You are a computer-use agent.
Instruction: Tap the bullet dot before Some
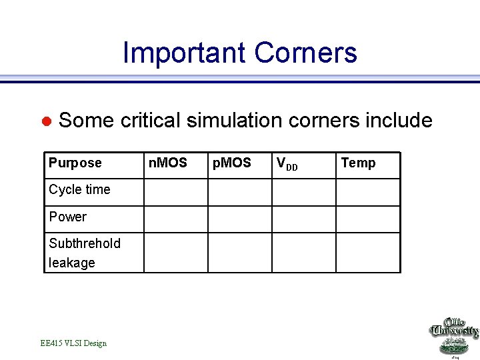coord(47,121)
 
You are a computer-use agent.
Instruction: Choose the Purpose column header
coord(75,163)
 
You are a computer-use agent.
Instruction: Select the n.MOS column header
coord(167,163)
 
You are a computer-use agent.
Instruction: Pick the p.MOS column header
coord(231,163)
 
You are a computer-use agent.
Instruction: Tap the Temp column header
coord(358,163)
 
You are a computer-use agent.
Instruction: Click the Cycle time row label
coord(79,190)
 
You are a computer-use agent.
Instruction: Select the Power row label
coord(67,217)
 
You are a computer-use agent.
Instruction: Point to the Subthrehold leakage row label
coord(84,253)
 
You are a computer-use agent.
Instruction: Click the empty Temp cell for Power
coord(368,219)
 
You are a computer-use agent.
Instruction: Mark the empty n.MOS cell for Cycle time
coord(176,193)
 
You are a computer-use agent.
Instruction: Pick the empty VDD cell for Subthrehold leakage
coord(303,253)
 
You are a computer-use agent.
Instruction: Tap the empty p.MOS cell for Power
coord(240,219)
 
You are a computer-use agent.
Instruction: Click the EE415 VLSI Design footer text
coord(73,343)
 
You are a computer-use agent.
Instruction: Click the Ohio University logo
coord(453,337)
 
